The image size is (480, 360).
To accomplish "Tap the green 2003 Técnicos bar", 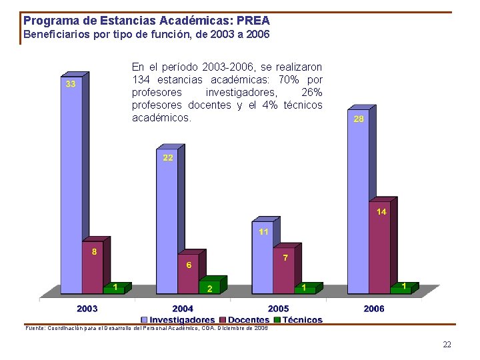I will click(114, 289).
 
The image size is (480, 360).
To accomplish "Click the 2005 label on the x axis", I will click(279, 309).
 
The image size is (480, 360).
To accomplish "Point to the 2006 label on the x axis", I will click(374, 309).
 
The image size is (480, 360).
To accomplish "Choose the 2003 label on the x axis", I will click(87, 309).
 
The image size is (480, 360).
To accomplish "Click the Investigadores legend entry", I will click(181, 320).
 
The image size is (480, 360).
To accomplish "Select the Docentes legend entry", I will click(249, 320).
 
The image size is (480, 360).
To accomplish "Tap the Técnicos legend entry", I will click(302, 320).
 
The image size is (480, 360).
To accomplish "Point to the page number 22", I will click(447, 345).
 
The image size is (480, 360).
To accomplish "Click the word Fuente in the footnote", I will click(35, 328).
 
